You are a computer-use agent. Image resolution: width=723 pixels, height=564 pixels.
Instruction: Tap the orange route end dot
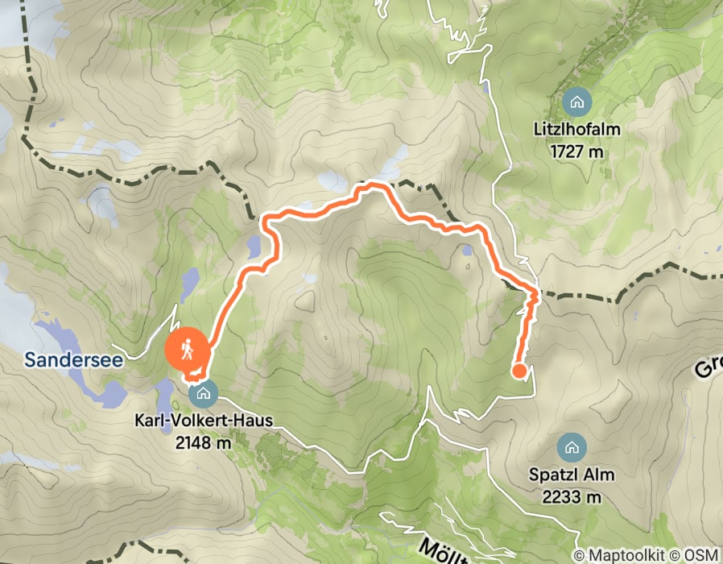(x=519, y=371)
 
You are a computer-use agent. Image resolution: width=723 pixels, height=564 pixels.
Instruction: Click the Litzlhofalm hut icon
(x=576, y=102)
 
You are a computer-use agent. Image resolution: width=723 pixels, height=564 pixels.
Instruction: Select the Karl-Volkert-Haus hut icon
(x=203, y=394)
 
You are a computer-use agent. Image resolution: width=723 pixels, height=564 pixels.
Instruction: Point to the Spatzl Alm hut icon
(x=572, y=447)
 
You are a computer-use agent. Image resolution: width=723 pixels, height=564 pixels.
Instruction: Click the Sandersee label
(x=73, y=360)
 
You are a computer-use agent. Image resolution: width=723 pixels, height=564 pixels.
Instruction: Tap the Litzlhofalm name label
(x=576, y=129)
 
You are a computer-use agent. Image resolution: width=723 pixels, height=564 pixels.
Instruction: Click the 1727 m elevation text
(x=576, y=149)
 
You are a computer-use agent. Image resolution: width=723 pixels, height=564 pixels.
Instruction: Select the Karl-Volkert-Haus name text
(x=203, y=421)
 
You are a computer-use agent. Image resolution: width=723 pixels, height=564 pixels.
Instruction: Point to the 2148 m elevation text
(x=203, y=442)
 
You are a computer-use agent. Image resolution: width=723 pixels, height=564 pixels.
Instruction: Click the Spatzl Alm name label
(x=572, y=475)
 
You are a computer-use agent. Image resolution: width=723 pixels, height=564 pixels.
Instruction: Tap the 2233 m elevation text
(x=572, y=496)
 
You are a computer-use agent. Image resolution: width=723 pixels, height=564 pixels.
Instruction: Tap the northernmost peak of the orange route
(x=373, y=186)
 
